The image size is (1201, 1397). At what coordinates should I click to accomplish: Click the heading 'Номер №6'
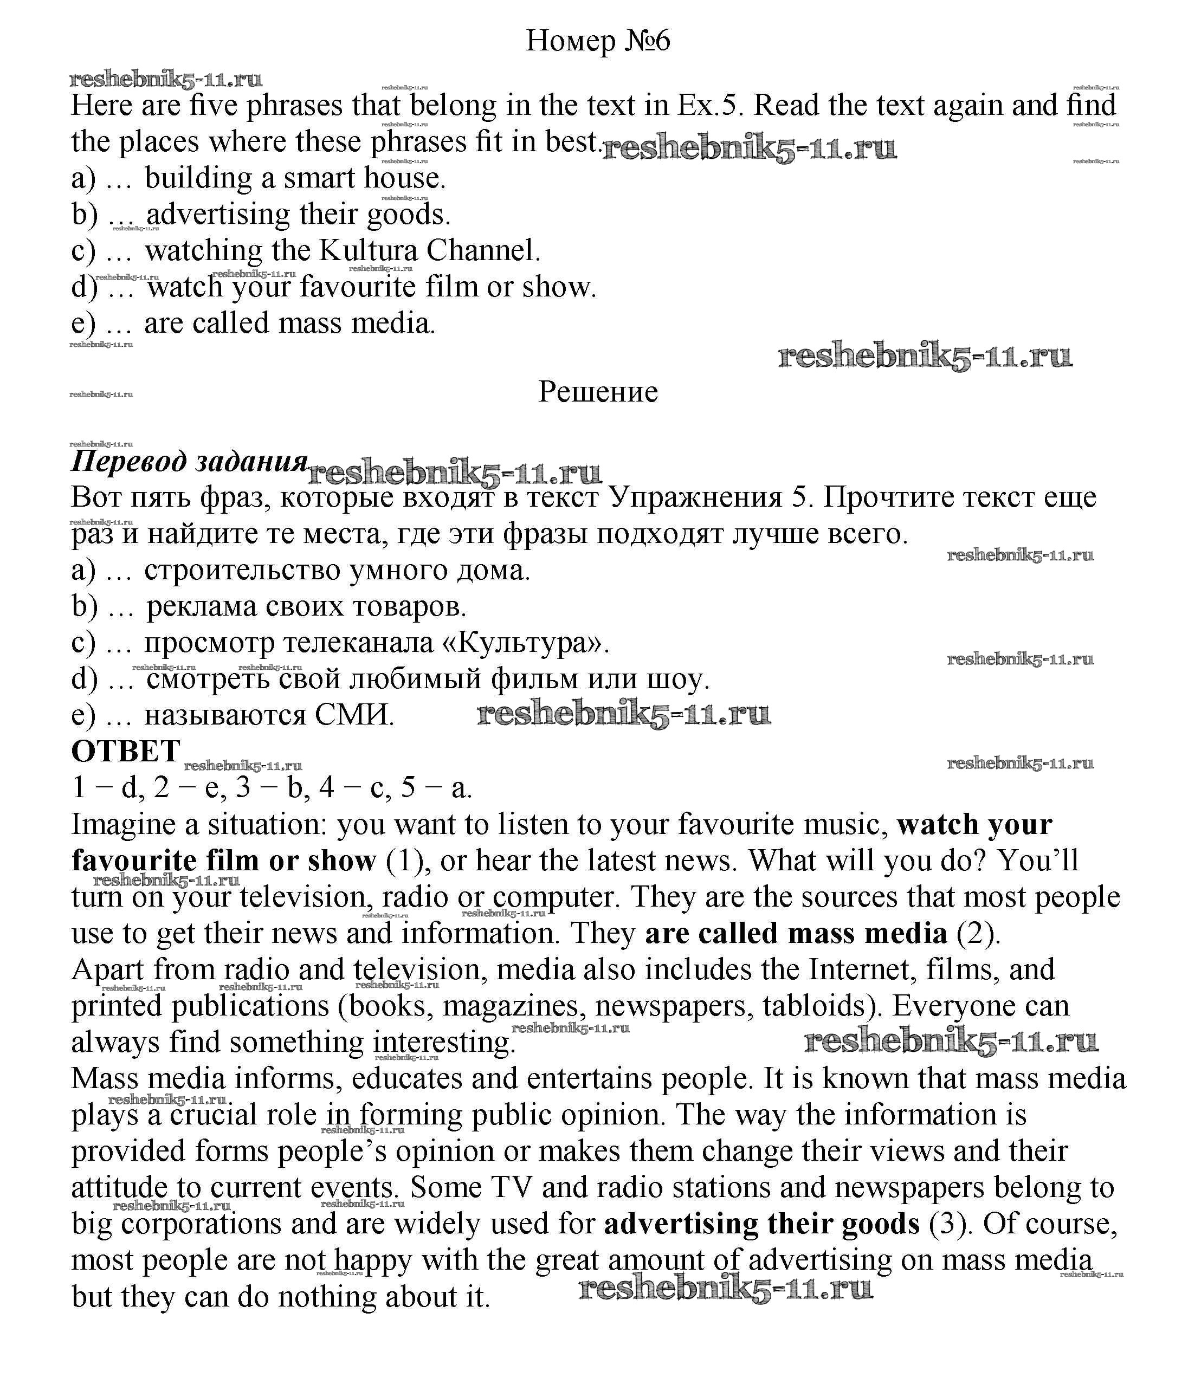[x=597, y=41]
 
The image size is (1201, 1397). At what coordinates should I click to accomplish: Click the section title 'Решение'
[x=597, y=392]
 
